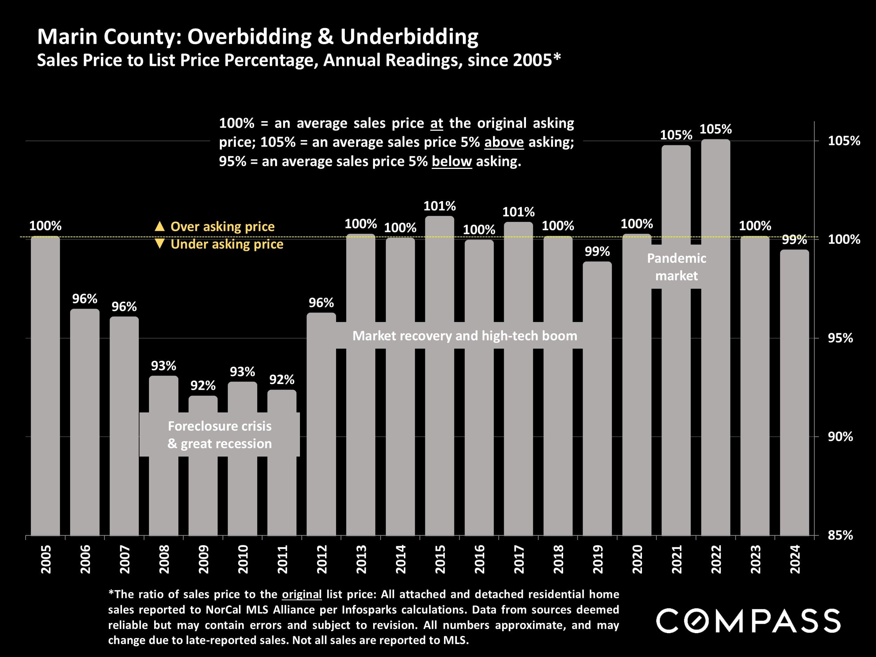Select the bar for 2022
coord(715,396)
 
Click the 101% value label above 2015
coord(440,206)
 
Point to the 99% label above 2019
coord(597,252)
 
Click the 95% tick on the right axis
coord(840,338)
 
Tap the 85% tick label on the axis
coord(840,535)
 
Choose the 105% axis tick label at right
coord(844,141)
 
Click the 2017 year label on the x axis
coord(519,559)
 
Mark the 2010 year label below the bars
coord(243,559)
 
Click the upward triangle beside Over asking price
coord(159,226)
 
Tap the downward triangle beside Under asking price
coord(159,244)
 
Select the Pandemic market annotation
coord(676,267)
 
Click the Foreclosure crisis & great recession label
coord(220,435)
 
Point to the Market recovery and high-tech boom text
coord(465,336)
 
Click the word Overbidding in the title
coord(249,37)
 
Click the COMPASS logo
coord(748,621)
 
